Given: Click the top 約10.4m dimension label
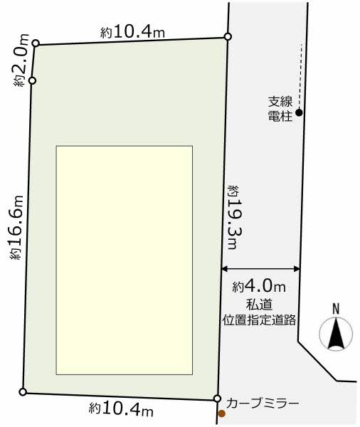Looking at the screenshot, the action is point(132,33).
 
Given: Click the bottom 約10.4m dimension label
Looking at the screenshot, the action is point(121,409).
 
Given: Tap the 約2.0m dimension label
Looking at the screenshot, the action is point(21,60).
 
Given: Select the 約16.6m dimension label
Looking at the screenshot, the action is point(16,227).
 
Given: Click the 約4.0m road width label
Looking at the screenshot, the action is point(259,286).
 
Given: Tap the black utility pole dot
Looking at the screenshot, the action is point(299,112).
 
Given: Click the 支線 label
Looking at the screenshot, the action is point(280,102).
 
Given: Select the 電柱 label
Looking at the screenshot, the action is point(280,116).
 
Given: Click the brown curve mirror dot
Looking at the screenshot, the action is point(222,413).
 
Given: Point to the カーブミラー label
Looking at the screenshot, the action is point(263,403).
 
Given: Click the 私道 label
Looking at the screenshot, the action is point(259,305).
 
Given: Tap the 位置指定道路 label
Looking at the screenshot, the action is point(259,320).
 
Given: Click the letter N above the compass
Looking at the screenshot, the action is point(336,309).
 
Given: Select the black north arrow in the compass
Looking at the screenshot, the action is point(336,334).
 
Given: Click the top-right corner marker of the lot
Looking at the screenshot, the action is point(228,36).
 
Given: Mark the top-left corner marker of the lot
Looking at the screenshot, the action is point(36,43).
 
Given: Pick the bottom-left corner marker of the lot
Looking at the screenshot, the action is point(23,392).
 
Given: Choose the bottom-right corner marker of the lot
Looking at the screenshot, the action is point(217,399).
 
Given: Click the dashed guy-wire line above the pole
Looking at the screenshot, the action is point(300,76).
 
